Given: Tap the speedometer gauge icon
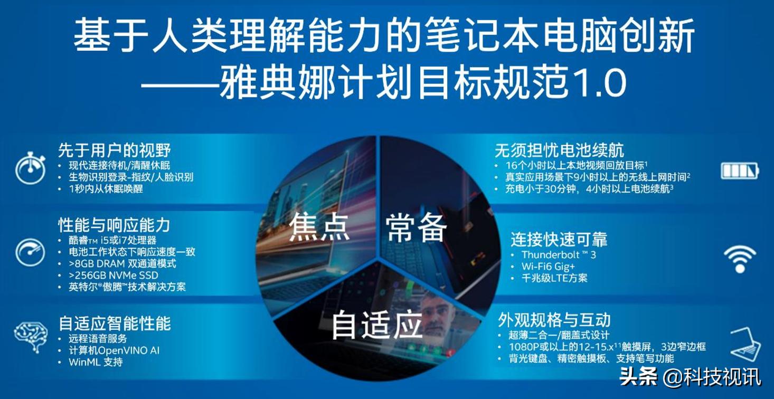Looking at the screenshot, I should (30, 252).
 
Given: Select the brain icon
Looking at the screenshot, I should (30, 335).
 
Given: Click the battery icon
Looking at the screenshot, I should (740, 170).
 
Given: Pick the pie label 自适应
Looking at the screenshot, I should (376, 324).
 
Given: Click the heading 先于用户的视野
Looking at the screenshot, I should (115, 150).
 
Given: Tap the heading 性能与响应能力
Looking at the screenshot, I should (114, 225).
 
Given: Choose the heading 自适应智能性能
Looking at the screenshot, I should (115, 323).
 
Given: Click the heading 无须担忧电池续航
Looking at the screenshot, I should (559, 150).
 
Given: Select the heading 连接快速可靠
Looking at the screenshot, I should (559, 239).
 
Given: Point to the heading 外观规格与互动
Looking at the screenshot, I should (554, 320).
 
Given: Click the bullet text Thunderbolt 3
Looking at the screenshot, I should (559, 255).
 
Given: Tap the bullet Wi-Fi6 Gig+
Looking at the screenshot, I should (548, 267).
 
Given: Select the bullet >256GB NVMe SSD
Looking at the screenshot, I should (113, 275).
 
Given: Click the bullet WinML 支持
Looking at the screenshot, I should (96, 362).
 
